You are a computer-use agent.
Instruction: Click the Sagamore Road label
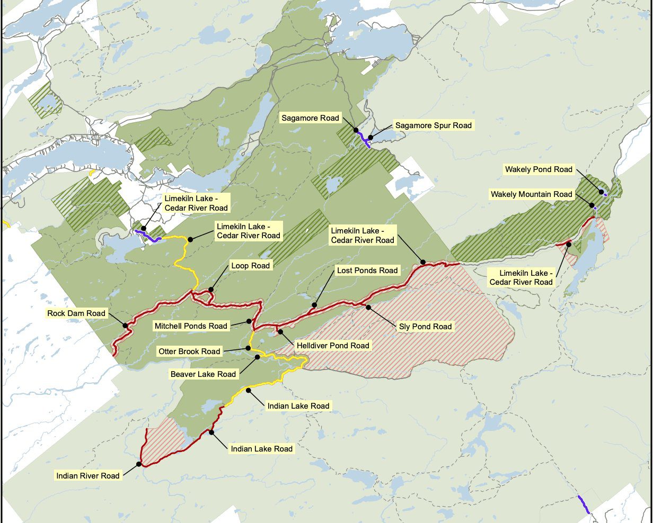311,118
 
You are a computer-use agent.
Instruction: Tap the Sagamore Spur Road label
433,125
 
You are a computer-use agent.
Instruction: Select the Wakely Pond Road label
539,169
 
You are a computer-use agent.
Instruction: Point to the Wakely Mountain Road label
531,194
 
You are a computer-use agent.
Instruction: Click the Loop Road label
250,266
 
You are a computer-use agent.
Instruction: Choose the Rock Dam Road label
76,313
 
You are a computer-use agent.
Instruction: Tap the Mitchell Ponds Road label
190,326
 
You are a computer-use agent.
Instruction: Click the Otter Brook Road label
189,351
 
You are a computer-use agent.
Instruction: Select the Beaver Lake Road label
203,374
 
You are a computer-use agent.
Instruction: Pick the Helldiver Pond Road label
332,346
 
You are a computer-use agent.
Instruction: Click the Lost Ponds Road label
367,270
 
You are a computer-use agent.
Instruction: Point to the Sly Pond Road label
425,327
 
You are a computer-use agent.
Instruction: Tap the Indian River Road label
88,475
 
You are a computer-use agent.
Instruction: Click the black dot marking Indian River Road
139,464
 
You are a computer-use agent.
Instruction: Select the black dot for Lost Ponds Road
314,305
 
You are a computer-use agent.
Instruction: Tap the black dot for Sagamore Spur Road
370,138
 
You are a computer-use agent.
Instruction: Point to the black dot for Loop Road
210,290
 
